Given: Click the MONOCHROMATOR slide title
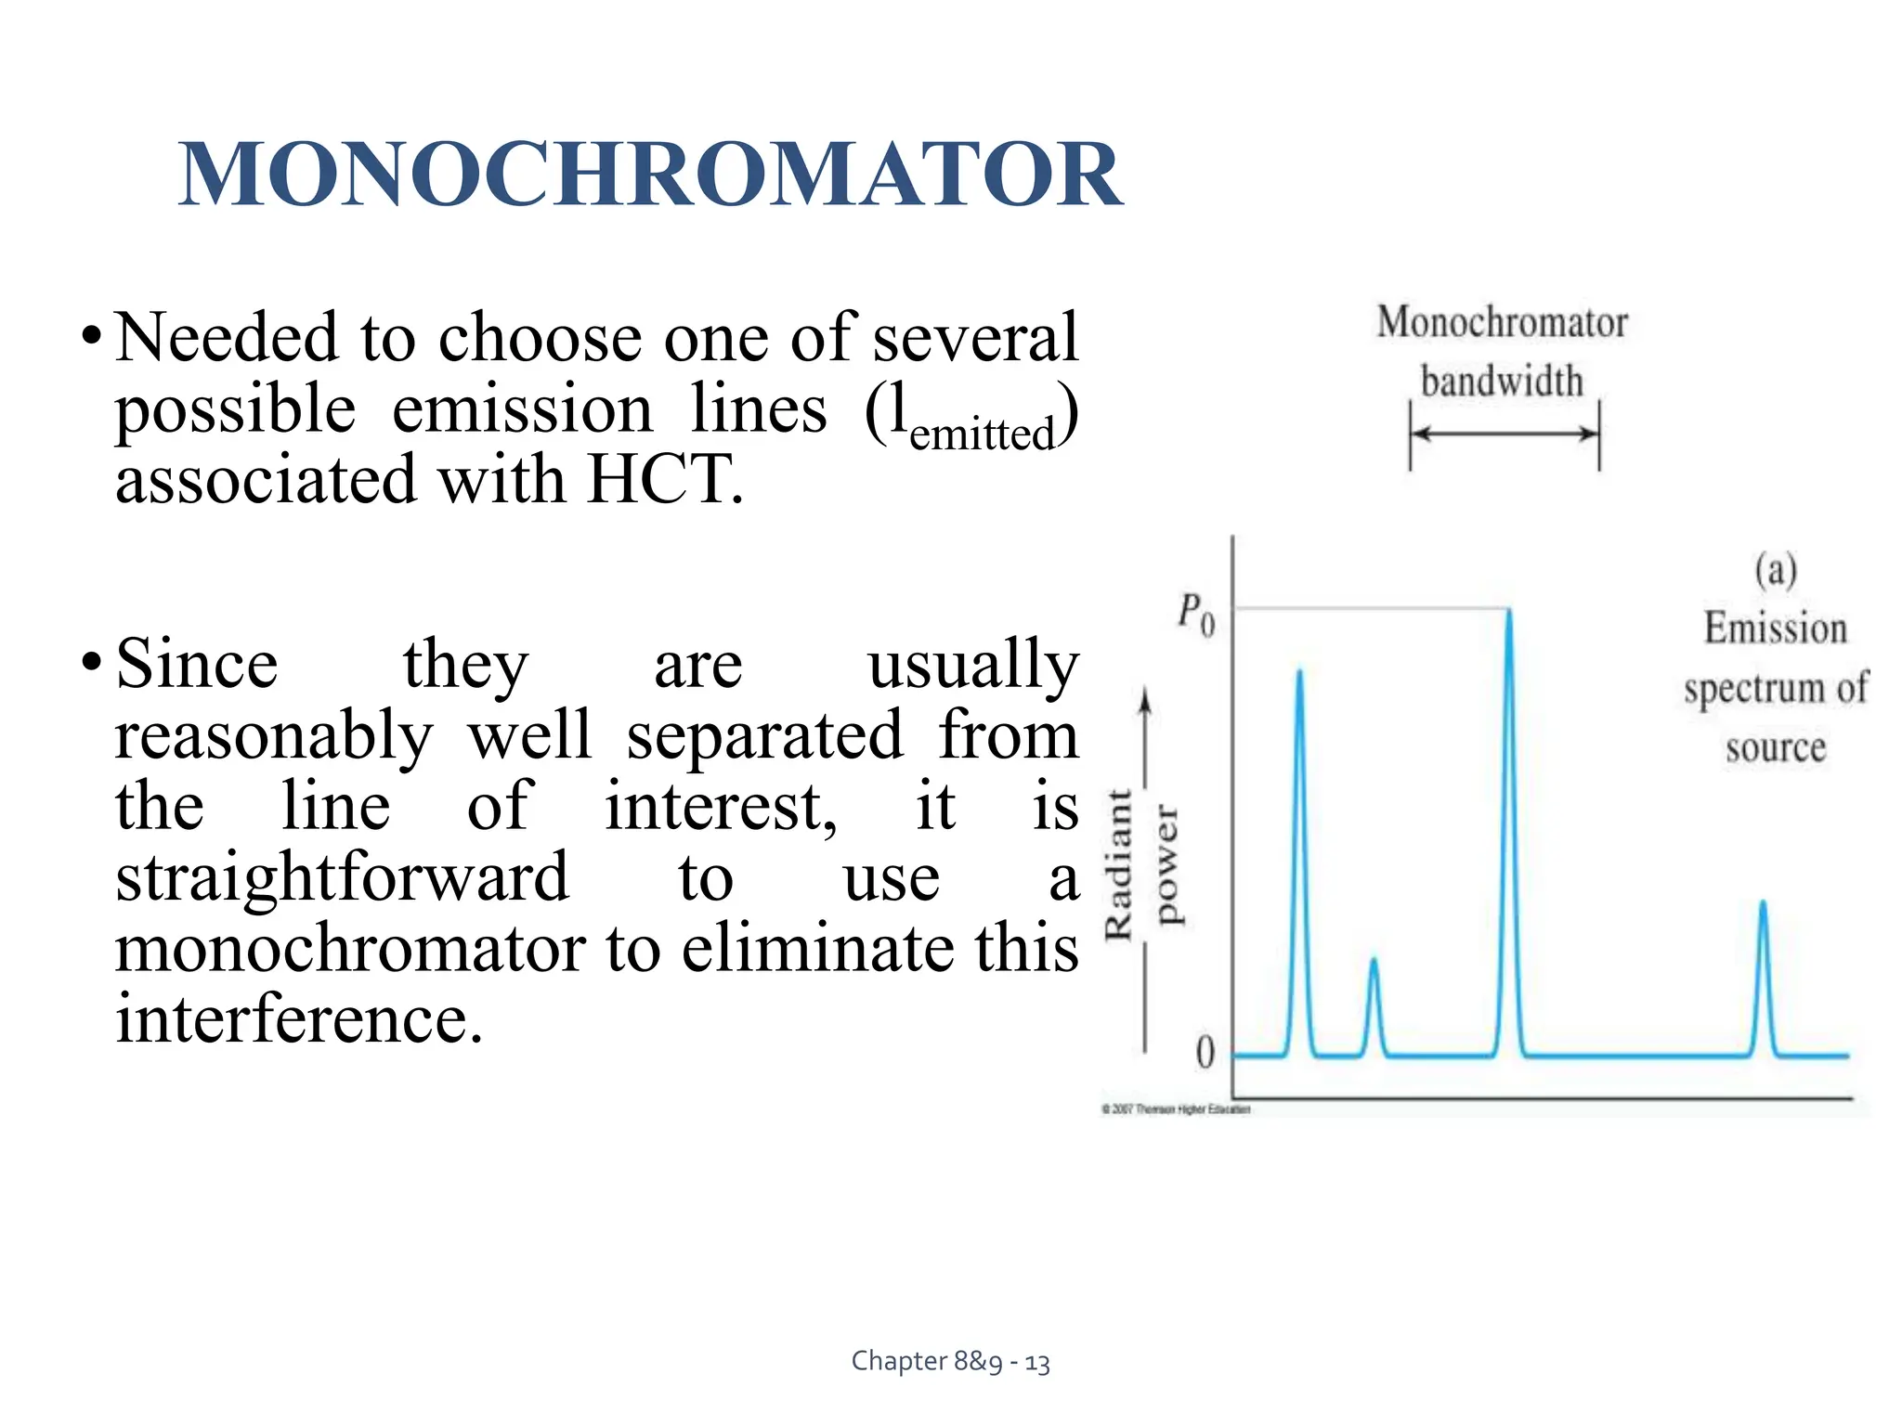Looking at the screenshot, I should pyautogui.click(x=650, y=175).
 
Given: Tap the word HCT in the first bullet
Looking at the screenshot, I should pyautogui.click(x=664, y=480).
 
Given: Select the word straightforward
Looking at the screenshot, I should pyautogui.click(x=342, y=877).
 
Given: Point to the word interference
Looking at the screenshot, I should pyautogui.click(x=299, y=1019).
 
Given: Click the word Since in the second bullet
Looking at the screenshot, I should pyautogui.click(x=197, y=665).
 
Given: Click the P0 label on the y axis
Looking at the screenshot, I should pyautogui.click(x=1195, y=615).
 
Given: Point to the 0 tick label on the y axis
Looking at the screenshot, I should pyautogui.click(x=1205, y=1053).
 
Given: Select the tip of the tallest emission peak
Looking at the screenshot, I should pyautogui.click(x=1509, y=614).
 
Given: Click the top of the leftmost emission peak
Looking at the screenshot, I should pyautogui.click(x=1299, y=674).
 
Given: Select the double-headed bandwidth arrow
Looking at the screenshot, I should pyautogui.click(x=1505, y=434).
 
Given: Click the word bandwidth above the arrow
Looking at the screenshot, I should pyautogui.click(x=1502, y=382).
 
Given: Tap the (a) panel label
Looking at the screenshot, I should pyautogui.click(x=1775, y=569).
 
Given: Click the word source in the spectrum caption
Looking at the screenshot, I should pyautogui.click(x=1775, y=747).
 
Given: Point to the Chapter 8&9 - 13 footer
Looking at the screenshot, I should pyautogui.click(x=950, y=1361).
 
